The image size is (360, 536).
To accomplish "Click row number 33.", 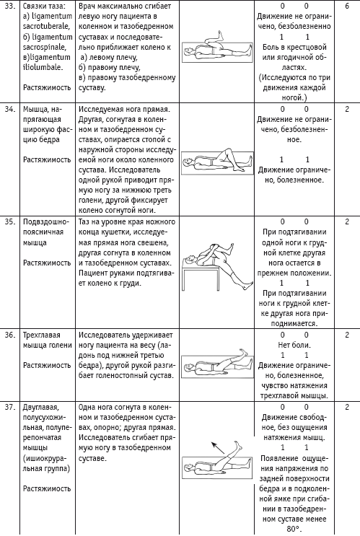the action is pyautogui.click(x=9, y=6).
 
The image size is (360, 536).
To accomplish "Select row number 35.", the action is pyautogui.click(x=9, y=221).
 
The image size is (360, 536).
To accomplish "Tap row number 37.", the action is pyautogui.click(x=9, y=407).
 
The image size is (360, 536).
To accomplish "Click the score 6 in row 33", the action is pyautogui.click(x=347, y=6).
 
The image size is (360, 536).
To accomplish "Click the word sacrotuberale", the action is pyautogui.click(x=46, y=26).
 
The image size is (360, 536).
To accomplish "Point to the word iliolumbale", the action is pyautogui.click(x=43, y=67).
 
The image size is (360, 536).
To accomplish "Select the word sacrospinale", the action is pyautogui.click(x=45, y=47).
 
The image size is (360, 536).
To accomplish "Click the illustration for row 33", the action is pyautogui.click(x=216, y=47).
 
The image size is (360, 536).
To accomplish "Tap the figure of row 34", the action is pyautogui.click(x=217, y=162).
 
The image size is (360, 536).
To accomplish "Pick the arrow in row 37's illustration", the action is pyautogui.click(x=218, y=448).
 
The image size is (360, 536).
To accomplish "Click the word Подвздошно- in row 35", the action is pyautogui.click(x=46, y=222).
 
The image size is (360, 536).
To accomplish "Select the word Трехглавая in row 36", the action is pyautogui.click(x=41, y=335).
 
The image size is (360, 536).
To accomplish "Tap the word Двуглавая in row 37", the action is pyautogui.click(x=41, y=408).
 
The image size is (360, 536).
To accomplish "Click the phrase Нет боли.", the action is pyautogui.click(x=294, y=345).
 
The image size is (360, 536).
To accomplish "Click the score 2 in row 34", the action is pyautogui.click(x=347, y=110).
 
